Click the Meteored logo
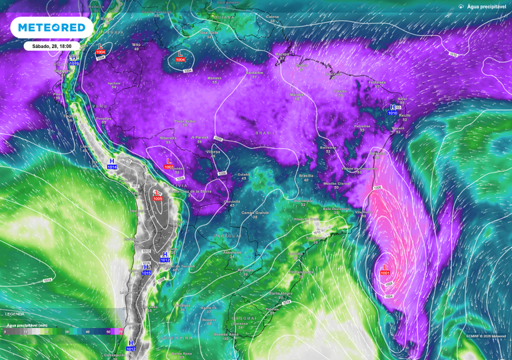click(x=51, y=27)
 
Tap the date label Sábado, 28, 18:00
click(x=52, y=46)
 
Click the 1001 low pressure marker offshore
click(x=385, y=270)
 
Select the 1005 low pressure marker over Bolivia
click(x=157, y=196)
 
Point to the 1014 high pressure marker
click(x=112, y=165)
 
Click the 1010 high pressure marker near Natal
click(x=393, y=110)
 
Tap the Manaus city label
click(x=214, y=78)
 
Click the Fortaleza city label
click(x=378, y=83)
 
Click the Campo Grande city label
click(x=254, y=213)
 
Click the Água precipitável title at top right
click(x=486, y=6)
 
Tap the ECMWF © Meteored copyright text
click(x=487, y=336)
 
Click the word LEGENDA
click(x=15, y=313)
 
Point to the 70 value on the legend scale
click(x=120, y=331)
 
